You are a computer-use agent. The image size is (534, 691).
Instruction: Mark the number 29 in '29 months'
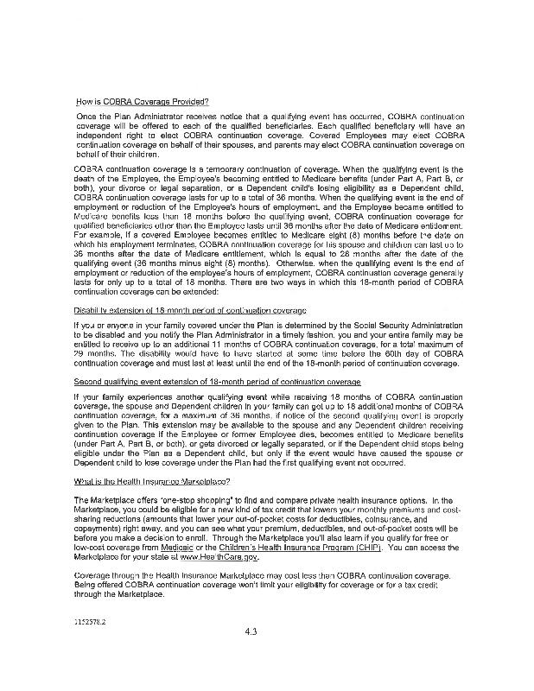tap(80, 352)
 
